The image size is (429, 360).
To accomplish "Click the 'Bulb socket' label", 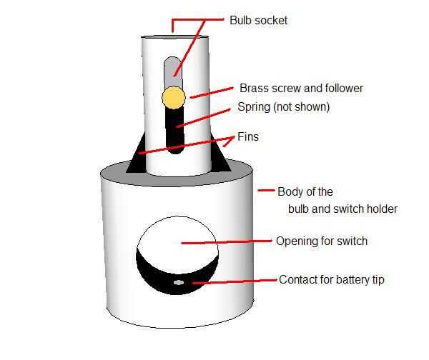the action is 259,21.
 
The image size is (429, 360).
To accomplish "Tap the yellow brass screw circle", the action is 174,98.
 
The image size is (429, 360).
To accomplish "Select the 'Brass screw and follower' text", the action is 301,89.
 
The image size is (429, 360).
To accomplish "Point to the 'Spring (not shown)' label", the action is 283,107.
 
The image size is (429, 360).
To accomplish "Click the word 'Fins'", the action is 248,136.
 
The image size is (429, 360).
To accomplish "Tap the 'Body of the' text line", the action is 305,191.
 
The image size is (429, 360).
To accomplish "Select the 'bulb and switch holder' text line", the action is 342,209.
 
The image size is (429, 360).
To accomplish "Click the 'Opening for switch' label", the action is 322,241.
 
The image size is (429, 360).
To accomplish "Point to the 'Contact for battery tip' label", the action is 332,279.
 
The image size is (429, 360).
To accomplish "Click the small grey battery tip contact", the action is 178,283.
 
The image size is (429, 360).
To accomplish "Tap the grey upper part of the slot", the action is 173,72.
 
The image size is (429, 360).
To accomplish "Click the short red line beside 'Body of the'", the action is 266,190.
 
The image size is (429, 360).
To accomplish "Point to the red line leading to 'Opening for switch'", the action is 227,242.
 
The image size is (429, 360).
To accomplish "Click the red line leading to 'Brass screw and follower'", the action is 212,93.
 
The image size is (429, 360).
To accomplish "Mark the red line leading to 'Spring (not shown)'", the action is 203,118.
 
